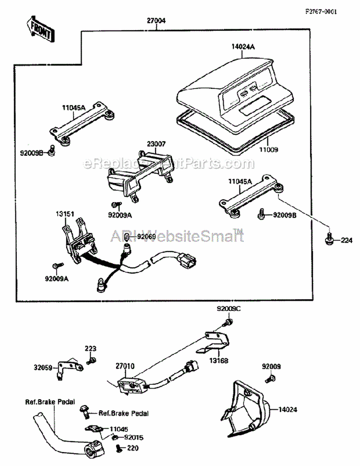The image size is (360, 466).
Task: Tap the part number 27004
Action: coord(157,22)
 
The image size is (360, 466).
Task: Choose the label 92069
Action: coord(147,236)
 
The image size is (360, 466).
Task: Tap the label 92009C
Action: coord(228,309)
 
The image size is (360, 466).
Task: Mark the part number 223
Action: coord(91,348)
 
